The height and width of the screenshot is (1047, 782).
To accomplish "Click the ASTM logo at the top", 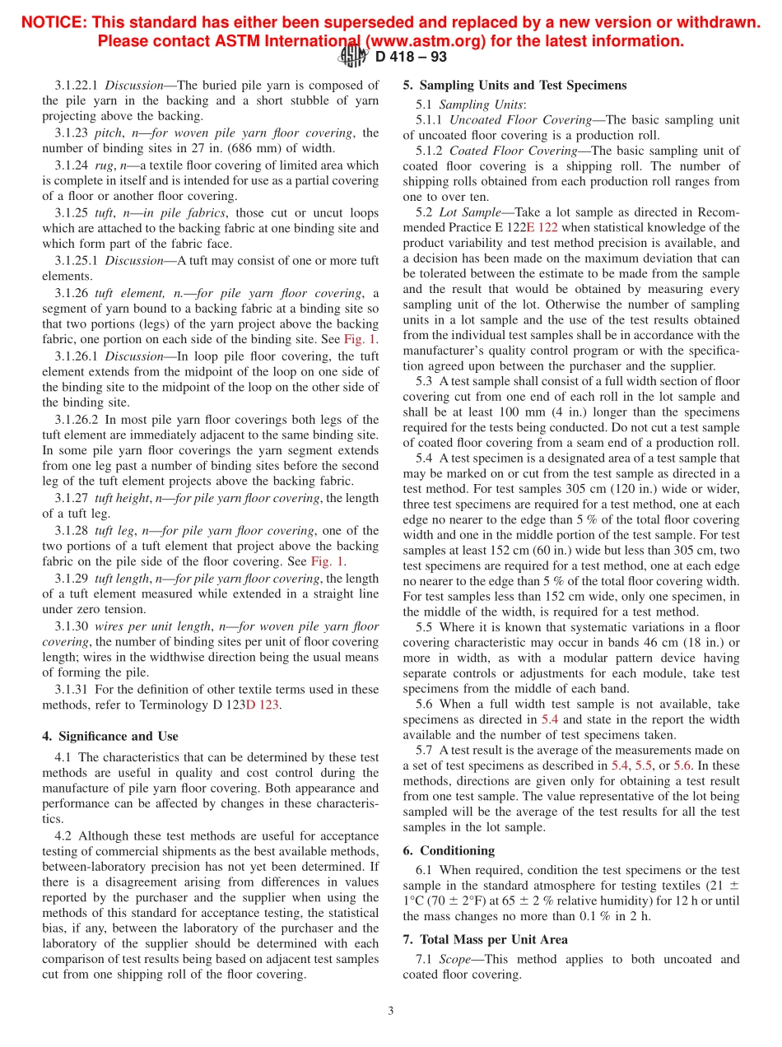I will pyautogui.click(x=354, y=56).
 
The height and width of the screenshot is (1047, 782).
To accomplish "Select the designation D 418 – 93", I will pyautogui.click(x=411, y=57).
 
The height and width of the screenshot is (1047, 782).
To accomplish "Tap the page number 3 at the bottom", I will pyautogui.click(x=391, y=1011).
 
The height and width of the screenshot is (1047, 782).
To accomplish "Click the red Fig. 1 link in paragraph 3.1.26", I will pyautogui.click(x=361, y=338).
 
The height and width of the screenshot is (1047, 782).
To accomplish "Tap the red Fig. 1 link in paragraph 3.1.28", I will pyautogui.click(x=328, y=561).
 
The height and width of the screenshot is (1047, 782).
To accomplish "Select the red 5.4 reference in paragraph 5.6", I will pyautogui.click(x=551, y=719).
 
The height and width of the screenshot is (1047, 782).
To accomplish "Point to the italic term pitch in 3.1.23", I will pyautogui.click(x=121, y=133).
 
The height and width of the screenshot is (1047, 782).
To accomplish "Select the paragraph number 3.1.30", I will pyautogui.click(x=73, y=626).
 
